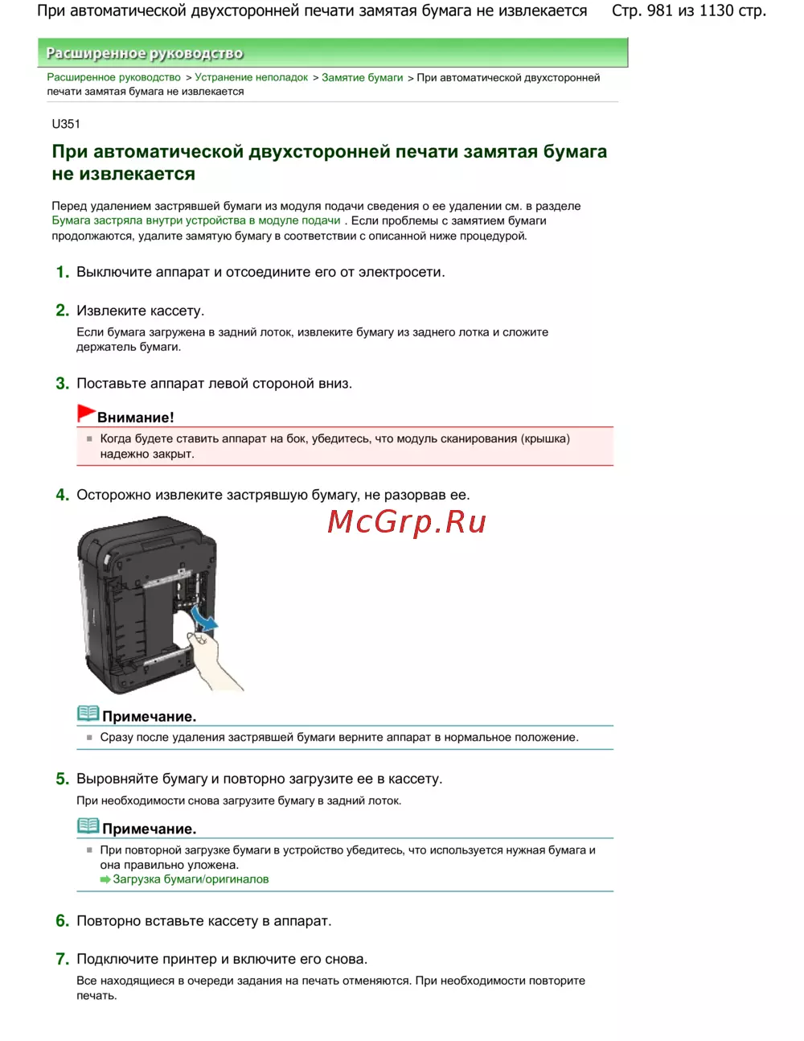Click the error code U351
click(66, 124)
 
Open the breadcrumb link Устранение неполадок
click(251, 77)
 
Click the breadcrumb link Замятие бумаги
click(362, 77)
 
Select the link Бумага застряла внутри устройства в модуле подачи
click(196, 220)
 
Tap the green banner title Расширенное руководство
click(145, 53)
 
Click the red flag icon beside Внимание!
click(86, 414)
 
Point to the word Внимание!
click(135, 418)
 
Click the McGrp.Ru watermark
click(407, 522)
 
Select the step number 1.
click(62, 273)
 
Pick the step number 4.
click(62, 496)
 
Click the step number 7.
click(62, 960)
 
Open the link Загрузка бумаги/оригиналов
click(191, 879)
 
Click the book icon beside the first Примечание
click(88, 714)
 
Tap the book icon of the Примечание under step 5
click(88, 826)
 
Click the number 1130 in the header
click(716, 11)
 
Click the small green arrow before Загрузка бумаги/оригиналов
click(105, 880)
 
